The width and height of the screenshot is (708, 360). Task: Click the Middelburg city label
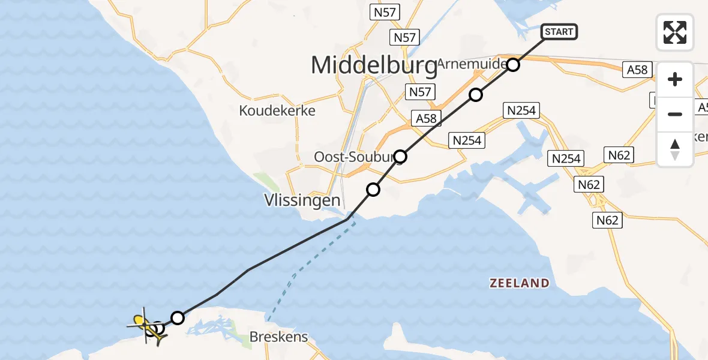point(374,65)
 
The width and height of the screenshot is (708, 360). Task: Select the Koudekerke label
point(277,110)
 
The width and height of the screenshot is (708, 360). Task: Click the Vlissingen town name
point(303,200)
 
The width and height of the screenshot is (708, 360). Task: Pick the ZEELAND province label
point(519,283)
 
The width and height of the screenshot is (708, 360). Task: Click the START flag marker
point(559,32)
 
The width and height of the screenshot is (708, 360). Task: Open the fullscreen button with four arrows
point(675,32)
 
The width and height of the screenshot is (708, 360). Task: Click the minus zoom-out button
point(675,114)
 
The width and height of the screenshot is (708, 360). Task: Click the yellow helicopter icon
point(146,326)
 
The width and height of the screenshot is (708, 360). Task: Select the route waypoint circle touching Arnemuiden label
point(512,65)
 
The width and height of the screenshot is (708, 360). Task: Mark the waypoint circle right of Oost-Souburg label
point(400,157)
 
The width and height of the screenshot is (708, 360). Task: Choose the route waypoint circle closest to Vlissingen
point(373,190)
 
